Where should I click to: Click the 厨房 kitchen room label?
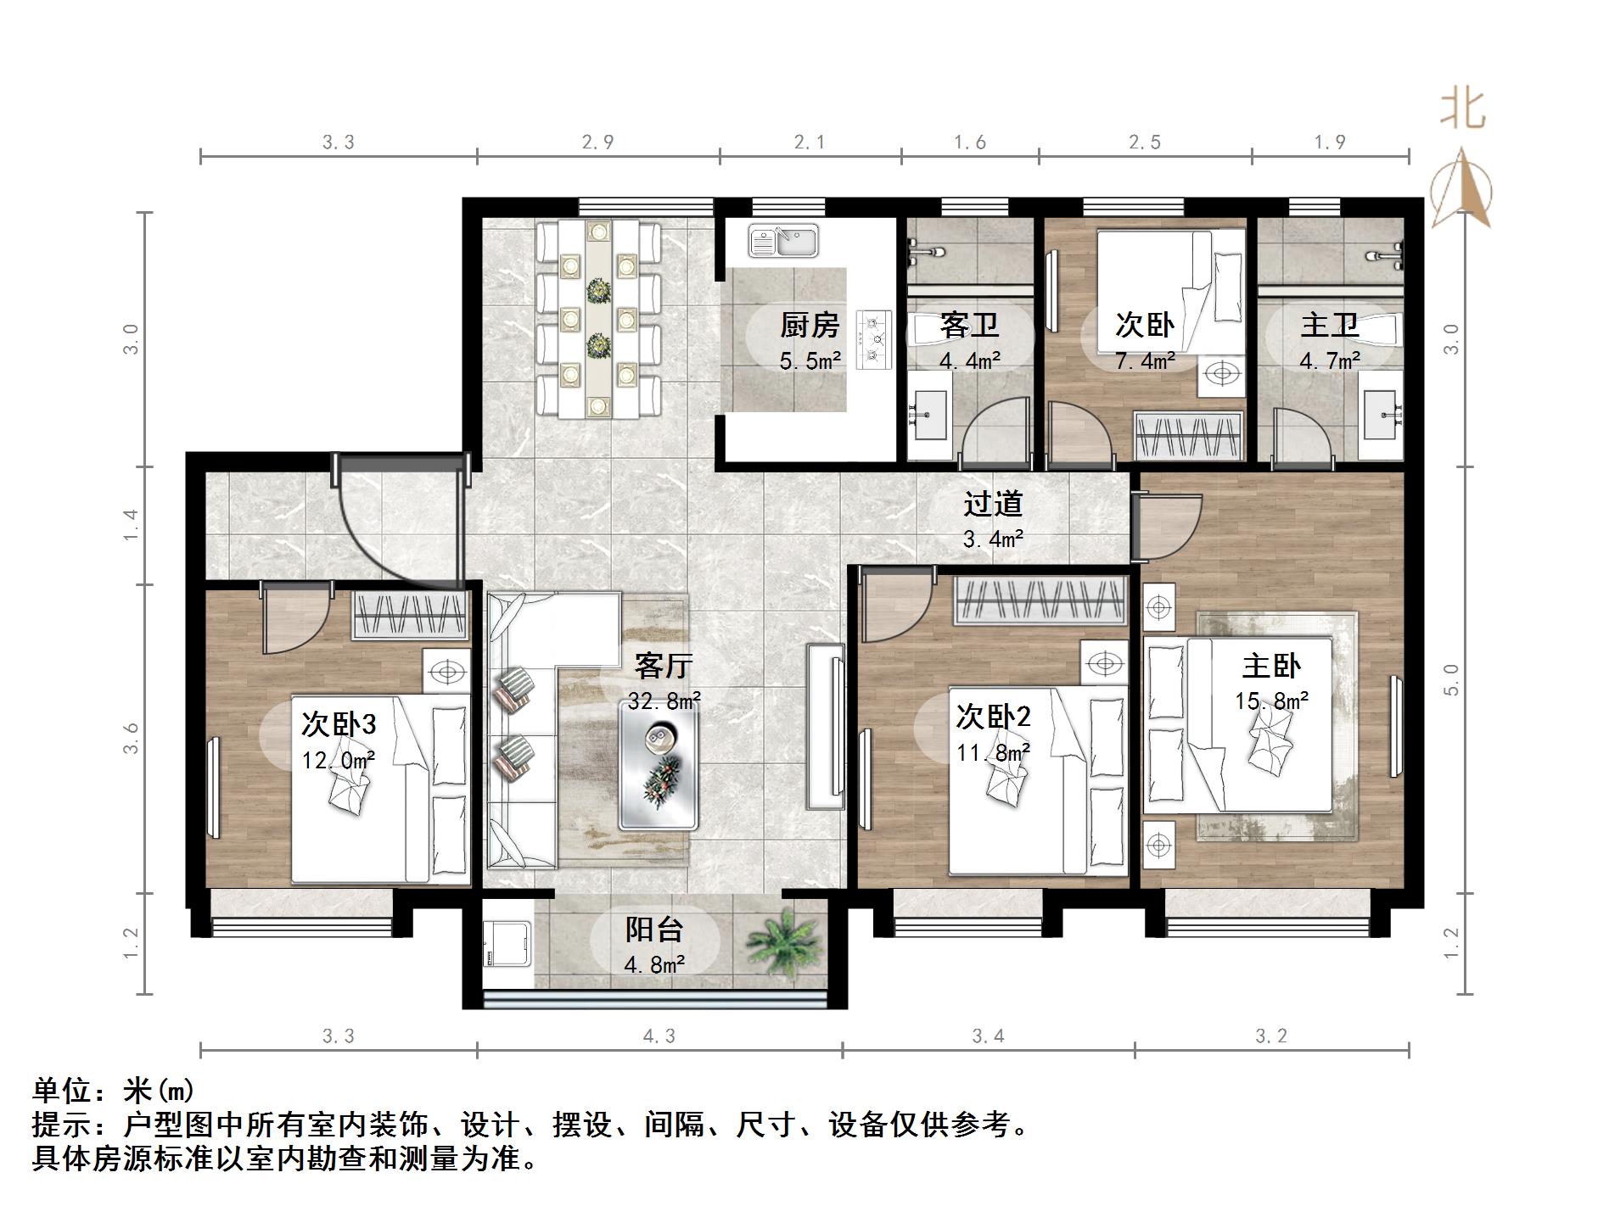coord(810,325)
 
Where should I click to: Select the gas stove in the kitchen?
coord(875,339)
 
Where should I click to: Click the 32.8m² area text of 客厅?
coord(664,701)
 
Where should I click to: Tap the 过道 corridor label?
coord(992,504)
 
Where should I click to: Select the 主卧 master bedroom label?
coord(1270,666)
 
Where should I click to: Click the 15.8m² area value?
coord(1270,701)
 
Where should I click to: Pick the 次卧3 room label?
coord(339,724)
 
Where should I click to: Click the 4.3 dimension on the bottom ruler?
coord(659,1036)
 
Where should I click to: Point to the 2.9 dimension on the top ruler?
coord(597,142)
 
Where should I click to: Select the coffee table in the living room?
coord(659,767)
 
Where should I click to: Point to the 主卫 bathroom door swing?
coord(1302,437)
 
